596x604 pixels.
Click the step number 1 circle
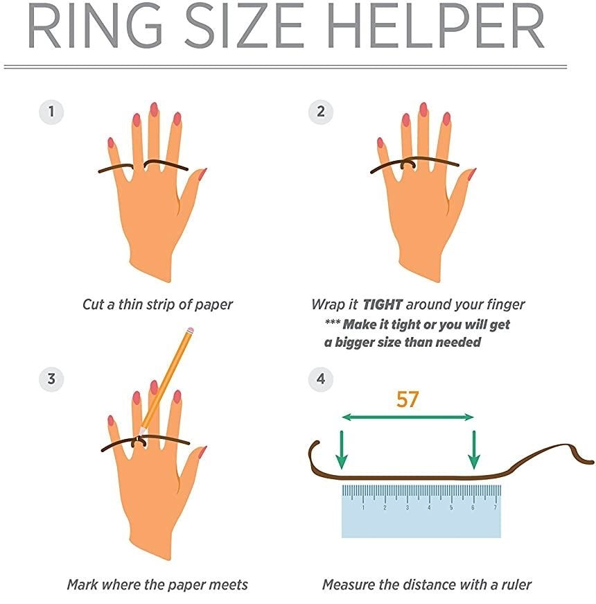click(51, 112)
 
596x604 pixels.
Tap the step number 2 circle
click(321, 112)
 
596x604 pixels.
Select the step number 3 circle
click(51, 379)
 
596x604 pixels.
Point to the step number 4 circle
click(321, 379)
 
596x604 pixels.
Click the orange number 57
click(407, 399)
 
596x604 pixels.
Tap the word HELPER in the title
click(437, 26)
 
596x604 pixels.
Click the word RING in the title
click(94, 26)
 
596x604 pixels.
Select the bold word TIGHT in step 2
click(383, 304)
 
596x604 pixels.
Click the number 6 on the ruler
click(473, 508)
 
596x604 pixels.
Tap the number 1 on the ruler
click(363, 508)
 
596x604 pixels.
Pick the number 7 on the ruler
click(495, 508)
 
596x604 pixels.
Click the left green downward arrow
click(342, 449)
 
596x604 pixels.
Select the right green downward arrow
click(474, 449)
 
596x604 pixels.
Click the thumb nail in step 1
click(202, 174)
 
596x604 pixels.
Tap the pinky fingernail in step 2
click(380, 143)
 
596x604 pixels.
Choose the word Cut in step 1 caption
click(93, 304)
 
